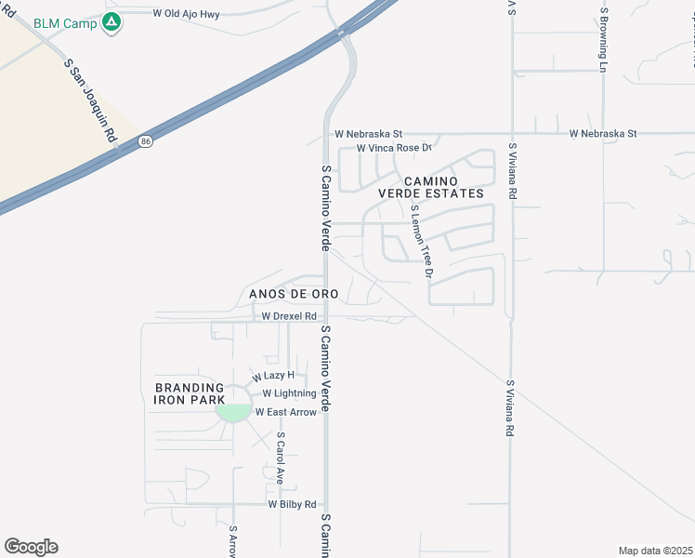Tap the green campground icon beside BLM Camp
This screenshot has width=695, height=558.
tap(111, 21)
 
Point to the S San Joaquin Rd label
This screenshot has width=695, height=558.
tap(91, 100)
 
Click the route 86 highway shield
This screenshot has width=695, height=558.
tap(145, 141)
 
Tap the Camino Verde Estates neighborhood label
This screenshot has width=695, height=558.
tap(442, 186)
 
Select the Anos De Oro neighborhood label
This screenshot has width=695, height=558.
tap(294, 294)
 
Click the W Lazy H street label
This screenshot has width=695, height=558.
tap(272, 375)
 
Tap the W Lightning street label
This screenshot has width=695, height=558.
tap(288, 393)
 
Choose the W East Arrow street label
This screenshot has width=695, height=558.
tap(285, 412)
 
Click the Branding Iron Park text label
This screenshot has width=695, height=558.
tap(189, 393)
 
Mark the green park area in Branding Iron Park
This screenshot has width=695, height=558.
tap(232, 412)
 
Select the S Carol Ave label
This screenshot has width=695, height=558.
tap(279, 458)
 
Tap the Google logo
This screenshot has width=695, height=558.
tap(32, 547)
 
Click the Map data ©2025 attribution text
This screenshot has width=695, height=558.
tap(654, 551)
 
